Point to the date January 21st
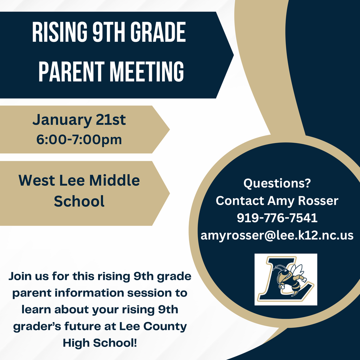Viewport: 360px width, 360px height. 79,120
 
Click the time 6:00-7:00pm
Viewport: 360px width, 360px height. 79,140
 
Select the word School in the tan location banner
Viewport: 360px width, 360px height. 79,201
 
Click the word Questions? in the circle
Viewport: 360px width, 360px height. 277,183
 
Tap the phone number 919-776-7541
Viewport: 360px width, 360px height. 277,218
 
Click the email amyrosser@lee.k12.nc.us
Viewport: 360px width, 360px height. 277,235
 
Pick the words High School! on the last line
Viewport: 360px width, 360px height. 100,343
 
